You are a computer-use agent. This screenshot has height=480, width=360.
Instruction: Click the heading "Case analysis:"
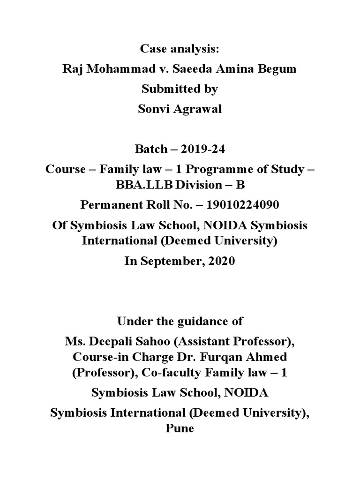pos(180,49)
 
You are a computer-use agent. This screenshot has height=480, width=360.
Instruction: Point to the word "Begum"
pos(278,69)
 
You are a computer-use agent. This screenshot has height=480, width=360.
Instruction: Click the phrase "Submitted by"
pos(180,89)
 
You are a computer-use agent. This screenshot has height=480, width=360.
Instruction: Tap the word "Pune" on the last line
pos(180,428)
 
